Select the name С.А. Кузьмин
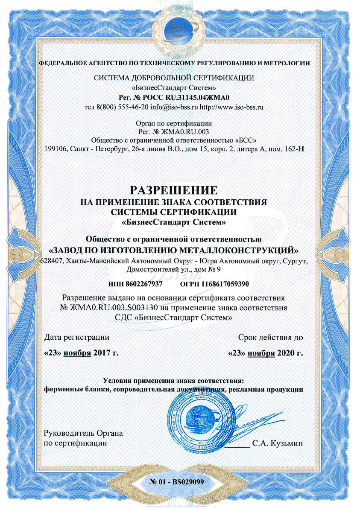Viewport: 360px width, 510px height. [278, 443]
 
